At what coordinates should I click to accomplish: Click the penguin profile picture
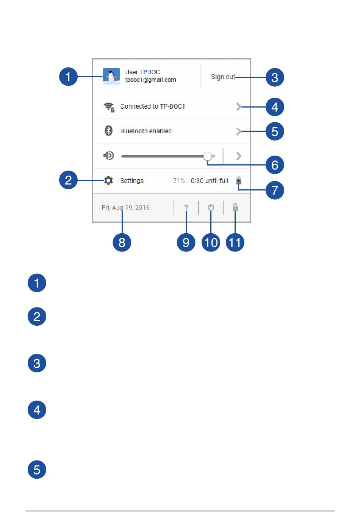pyautogui.click(x=111, y=76)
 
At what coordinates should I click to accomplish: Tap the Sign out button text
pyautogui.click(x=223, y=77)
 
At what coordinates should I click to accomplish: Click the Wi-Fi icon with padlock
pyautogui.click(x=109, y=107)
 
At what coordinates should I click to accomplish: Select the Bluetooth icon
pyautogui.click(x=108, y=131)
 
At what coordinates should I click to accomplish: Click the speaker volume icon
pyautogui.click(x=108, y=155)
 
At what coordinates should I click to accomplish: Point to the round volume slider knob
pyautogui.click(x=208, y=156)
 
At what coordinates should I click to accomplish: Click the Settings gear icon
pyautogui.click(x=108, y=181)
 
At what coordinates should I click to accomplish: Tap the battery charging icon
pyautogui.click(x=239, y=181)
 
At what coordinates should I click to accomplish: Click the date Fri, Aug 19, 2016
pyautogui.click(x=126, y=208)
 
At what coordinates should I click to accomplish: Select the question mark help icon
pyautogui.click(x=186, y=208)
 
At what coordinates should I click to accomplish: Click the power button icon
pyautogui.click(x=211, y=208)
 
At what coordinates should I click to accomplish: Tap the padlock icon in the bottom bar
pyautogui.click(x=235, y=208)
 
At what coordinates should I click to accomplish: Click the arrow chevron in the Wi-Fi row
pyautogui.click(x=239, y=107)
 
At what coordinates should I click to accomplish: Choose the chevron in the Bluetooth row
pyautogui.click(x=239, y=131)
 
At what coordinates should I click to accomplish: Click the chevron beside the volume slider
pyautogui.click(x=239, y=156)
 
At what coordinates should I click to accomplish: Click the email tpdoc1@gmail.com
pyautogui.click(x=150, y=80)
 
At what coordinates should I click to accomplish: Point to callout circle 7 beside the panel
pyautogui.click(x=275, y=190)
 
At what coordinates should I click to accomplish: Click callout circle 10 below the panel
pyautogui.click(x=211, y=243)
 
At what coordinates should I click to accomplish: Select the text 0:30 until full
pyautogui.click(x=210, y=181)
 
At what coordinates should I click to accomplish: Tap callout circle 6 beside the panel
pyautogui.click(x=275, y=165)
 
